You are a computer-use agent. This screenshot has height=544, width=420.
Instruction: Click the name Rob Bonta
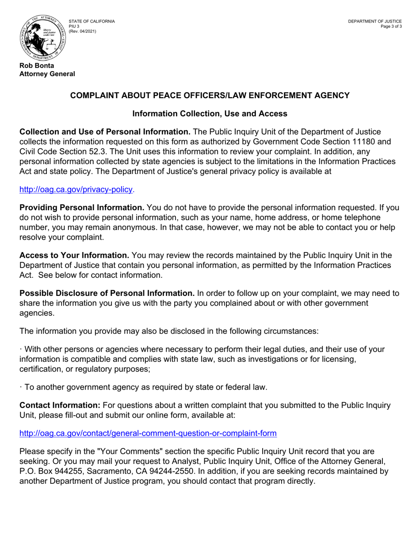[37, 66]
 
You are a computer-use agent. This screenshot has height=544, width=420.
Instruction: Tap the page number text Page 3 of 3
[391, 27]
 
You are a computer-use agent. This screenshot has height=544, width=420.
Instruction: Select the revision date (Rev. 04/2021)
[82, 31]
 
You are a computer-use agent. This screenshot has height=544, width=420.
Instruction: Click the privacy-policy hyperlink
[76, 189]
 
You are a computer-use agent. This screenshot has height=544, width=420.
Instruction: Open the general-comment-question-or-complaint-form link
[148, 433]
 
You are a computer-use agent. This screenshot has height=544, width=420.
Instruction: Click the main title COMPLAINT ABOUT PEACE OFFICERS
[210, 96]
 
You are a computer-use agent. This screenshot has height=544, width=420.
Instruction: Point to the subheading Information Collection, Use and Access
[210, 114]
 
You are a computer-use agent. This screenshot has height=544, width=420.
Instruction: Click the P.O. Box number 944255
[60, 471]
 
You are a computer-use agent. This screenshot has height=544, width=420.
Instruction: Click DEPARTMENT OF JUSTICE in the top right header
[374, 21]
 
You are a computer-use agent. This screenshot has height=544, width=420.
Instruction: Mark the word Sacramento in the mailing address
[106, 471]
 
